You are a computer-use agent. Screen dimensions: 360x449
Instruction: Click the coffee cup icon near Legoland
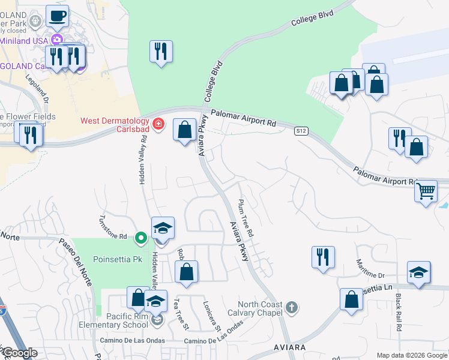[x=57, y=16]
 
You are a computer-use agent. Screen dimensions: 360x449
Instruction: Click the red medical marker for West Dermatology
[x=158, y=124]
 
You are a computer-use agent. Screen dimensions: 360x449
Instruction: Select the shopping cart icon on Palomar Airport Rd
[x=426, y=191]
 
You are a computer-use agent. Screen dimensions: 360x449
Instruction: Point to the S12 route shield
[x=301, y=131]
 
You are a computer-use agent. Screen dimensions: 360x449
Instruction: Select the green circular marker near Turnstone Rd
[x=141, y=238]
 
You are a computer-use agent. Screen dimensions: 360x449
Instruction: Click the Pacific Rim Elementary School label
[x=119, y=320]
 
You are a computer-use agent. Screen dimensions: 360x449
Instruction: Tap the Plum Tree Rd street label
[x=246, y=217]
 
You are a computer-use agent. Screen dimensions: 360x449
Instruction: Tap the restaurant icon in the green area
[x=161, y=51]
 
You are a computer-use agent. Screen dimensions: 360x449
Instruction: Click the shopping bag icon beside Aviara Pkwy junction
[x=184, y=129]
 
